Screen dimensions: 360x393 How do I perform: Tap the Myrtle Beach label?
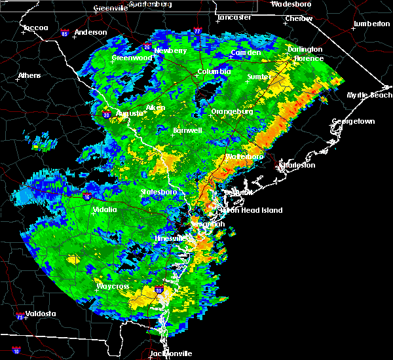pyautogui.click(x=369, y=96)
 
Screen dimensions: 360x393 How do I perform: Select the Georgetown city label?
pyautogui.click(x=353, y=122)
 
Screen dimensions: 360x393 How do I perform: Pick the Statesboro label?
pyautogui.click(x=159, y=192)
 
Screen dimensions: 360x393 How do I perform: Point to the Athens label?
pyautogui.click(x=29, y=75)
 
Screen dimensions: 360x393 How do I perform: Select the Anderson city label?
pyautogui.click(x=90, y=32)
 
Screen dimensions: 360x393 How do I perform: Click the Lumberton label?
pyautogui.click(x=371, y=24)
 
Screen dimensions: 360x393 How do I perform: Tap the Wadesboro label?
pyautogui.click(x=290, y=4)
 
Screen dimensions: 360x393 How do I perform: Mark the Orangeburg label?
pyautogui.click(x=232, y=112)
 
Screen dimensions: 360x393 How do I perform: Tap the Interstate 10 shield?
pyautogui.click(x=16, y=351)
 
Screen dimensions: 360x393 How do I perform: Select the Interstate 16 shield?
pyautogui.click(x=87, y=196)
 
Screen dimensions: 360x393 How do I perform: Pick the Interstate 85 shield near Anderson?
pyautogui.click(x=65, y=33)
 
